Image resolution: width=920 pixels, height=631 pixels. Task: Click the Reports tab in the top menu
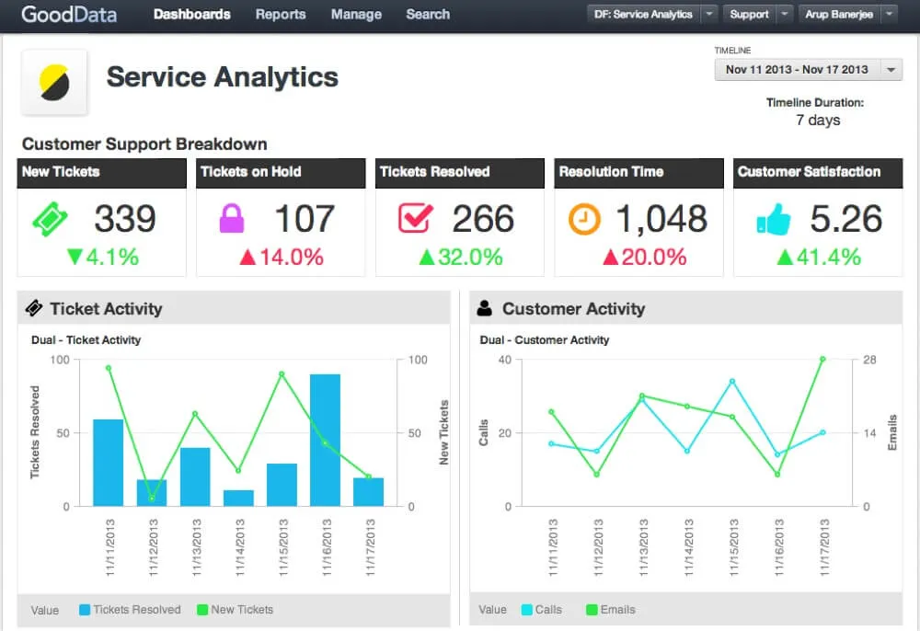(280, 15)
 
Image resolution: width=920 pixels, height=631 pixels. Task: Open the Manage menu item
(356, 15)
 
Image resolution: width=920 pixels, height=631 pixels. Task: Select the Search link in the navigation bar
(428, 15)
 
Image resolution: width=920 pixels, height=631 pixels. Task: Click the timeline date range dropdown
(808, 70)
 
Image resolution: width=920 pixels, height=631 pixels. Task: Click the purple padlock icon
(230, 219)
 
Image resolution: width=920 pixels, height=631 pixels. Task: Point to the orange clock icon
(584, 219)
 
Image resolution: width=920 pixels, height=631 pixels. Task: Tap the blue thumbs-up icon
(774, 220)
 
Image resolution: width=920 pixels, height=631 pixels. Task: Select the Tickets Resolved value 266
(483, 219)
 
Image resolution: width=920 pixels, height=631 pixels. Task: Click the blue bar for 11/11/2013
(109, 463)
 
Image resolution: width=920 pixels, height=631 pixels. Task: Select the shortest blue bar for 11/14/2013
(238, 498)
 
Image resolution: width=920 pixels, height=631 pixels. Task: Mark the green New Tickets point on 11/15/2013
(282, 373)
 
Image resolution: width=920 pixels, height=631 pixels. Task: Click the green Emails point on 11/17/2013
(822, 359)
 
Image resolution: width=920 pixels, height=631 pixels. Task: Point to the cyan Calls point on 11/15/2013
(732, 381)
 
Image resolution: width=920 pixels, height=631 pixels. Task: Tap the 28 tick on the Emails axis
(870, 360)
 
